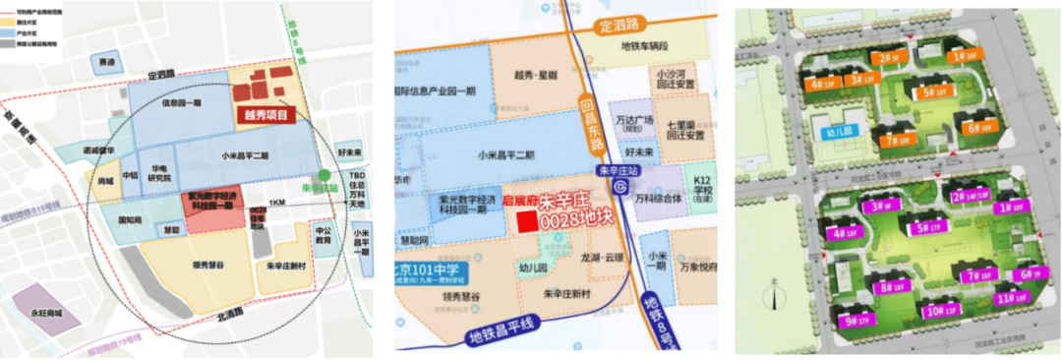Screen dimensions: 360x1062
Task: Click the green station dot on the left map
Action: (x=312, y=175)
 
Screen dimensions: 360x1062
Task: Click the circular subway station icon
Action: (x=619, y=188)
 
